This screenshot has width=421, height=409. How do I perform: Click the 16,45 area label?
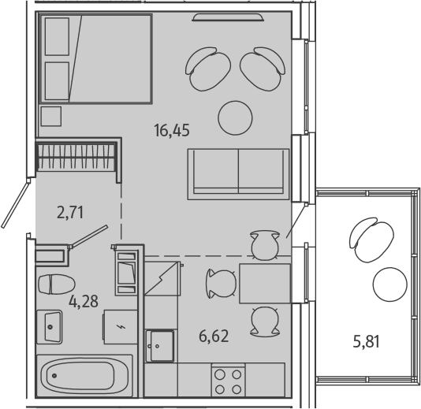tap(172, 130)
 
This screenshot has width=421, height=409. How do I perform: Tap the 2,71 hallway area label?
tap(70, 212)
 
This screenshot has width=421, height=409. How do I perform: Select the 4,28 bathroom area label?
tap(84, 301)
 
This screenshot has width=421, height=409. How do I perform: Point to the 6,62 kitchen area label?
tap(214, 336)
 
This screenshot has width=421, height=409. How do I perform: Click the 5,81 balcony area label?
tap(367, 342)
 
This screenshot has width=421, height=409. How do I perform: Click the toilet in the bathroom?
tap(57, 284)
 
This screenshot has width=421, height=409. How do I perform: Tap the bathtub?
tap(84, 375)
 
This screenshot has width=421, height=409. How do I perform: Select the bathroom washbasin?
tap(50, 327)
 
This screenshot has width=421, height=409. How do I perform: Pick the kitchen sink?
tap(160, 346)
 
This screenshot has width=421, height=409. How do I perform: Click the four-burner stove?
tap(228, 381)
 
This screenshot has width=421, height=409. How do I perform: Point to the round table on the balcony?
tap(389, 284)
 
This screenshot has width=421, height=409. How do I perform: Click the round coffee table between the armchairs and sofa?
tap(235, 118)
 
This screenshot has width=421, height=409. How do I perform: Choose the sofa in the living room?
tap(238, 174)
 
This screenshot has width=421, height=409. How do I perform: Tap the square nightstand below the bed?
tap(51, 116)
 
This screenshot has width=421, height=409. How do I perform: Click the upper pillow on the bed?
tap(57, 36)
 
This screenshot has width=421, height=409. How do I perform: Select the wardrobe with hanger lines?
tap(77, 158)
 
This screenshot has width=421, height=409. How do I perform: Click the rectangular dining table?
tap(265, 284)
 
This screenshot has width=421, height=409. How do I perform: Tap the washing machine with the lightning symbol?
tap(121, 327)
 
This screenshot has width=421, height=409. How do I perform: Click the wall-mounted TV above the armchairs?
tap(228, 17)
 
